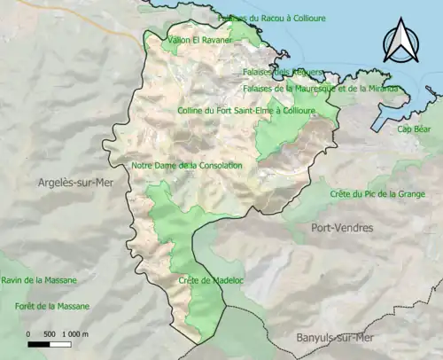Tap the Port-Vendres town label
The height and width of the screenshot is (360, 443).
point(342,228)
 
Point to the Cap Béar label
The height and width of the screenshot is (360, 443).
point(414,129)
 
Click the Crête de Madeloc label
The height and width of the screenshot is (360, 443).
point(205,280)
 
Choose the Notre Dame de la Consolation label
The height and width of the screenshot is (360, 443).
point(186,165)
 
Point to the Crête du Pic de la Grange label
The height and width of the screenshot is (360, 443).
point(377,193)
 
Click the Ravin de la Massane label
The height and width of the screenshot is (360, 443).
point(39,280)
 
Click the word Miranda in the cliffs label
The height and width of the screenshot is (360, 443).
point(383,89)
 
